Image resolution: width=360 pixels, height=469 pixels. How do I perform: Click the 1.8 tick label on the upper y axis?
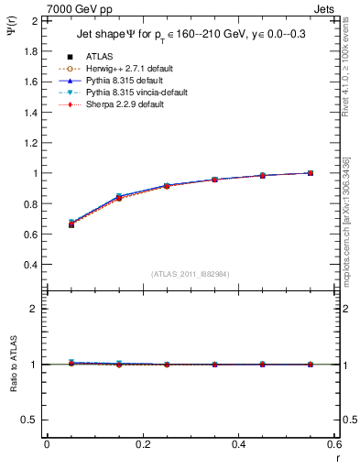[x=27, y=51]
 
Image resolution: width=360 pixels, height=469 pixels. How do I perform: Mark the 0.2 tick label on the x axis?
[x=143, y=444]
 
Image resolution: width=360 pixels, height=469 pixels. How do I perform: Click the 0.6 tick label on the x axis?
[x=333, y=444]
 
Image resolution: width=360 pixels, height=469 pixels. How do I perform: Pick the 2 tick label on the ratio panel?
[x=33, y=309]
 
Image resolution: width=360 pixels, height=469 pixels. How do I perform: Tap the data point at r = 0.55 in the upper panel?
[x=311, y=173]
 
